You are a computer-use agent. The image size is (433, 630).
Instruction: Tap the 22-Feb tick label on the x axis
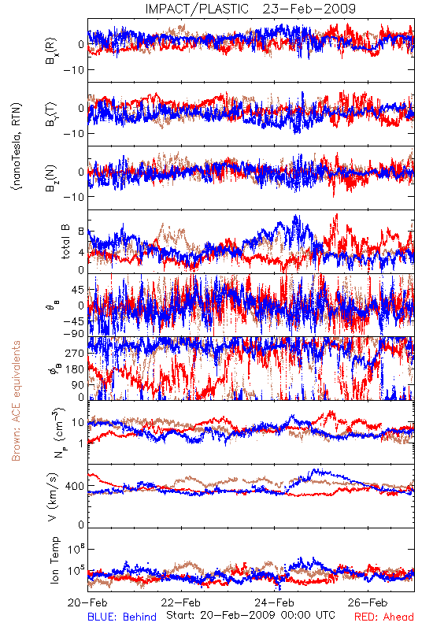point(181,602)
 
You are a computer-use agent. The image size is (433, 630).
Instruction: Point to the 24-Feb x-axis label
point(274,602)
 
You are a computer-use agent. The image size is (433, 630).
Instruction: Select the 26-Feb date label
point(368,602)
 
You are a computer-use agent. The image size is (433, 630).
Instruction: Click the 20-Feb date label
point(87,602)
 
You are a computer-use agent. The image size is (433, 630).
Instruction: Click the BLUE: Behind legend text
point(122,617)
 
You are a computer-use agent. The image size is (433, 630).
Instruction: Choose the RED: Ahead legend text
point(384,617)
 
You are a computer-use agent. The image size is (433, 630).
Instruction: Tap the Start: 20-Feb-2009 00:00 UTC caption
point(250,615)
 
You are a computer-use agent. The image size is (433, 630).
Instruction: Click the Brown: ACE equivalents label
point(16,401)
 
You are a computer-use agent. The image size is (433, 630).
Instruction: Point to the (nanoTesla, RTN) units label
point(17,146)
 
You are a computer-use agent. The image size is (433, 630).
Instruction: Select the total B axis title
point(65,242)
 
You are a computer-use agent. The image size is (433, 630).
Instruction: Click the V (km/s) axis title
point(53,497)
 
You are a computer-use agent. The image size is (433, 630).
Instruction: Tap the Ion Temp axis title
point(54,560)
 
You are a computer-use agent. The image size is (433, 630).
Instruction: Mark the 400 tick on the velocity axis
point(75,486)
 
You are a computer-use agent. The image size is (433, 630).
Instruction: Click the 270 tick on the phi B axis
point(75,353)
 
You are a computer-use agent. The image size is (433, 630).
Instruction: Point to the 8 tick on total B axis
point(81,232)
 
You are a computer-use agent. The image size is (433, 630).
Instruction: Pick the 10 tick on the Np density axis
point(78,423)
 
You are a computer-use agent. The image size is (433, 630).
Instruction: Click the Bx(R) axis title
point(51,51)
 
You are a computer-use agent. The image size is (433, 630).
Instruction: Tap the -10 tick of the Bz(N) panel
point(73,197)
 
